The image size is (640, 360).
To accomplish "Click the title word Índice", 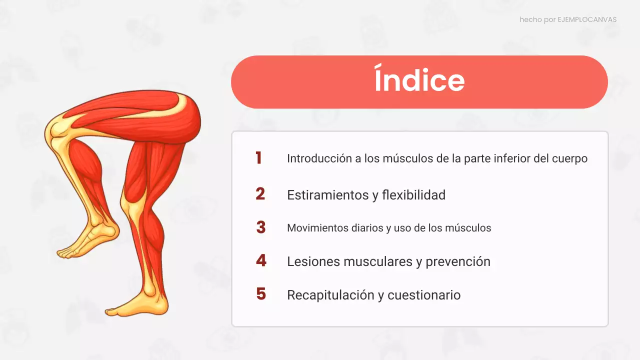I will tap(419, 81).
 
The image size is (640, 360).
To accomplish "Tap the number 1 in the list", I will tap(258, 158).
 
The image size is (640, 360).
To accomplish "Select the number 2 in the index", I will tap(260, 193).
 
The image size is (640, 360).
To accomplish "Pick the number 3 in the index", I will tap(260, 227).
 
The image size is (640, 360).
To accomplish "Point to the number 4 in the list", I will tap(261, 260).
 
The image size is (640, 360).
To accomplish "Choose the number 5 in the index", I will tap(261, 294).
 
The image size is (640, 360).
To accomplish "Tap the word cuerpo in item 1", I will tap(569, 159).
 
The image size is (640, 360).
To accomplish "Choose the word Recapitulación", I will tap(330, 295).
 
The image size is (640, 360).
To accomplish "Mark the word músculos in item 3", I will tap(467, 228).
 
